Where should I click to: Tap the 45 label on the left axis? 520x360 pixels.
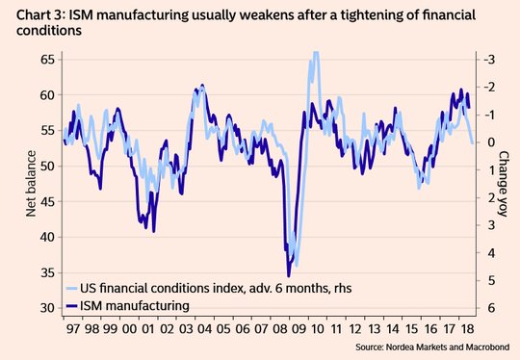point(48,201)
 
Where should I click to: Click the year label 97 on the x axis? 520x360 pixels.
point(73,329)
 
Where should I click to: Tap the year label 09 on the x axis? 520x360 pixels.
point(299,329)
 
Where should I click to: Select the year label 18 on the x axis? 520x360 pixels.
point(468,329)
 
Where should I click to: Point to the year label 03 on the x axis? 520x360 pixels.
point(186,329)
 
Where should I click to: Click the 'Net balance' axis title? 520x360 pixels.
point(31,184)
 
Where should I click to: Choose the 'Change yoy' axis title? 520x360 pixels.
point(503,184)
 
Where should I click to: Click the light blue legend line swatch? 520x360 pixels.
point(72,289)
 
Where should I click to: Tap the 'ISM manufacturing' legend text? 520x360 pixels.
point(135,305)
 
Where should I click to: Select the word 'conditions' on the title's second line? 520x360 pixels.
point(49,31)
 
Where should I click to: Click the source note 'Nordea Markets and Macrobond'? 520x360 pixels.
point(448,347)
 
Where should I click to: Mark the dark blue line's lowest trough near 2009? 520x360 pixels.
point(289,275)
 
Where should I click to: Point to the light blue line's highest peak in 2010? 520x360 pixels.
point(316,52)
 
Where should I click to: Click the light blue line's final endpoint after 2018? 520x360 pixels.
point(472,142)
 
